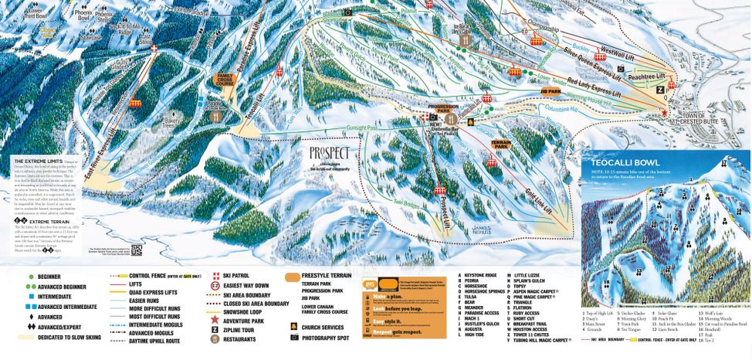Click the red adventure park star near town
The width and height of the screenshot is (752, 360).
tap(664, 113)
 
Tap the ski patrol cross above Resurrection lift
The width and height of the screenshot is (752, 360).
tap(154, 49)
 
